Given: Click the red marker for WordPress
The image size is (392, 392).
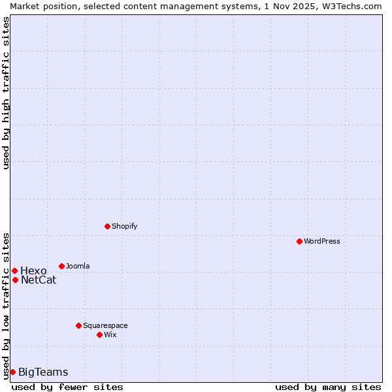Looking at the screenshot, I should pyautogui.click(x=299, y=241).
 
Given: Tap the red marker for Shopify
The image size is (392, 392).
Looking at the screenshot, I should pyautogui.click(x=107, y=226).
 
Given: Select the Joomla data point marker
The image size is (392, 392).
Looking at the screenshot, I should pyautogui.click(x=61, y=266).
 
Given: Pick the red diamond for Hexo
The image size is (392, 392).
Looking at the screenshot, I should pyautogui.click(x=14, y=270).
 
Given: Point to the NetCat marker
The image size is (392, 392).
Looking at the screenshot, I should pyautogui.click(x=15, y=280).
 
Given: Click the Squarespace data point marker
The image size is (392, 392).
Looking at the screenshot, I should pyautogui.click(x=78, y=325).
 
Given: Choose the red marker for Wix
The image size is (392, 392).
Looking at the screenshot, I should pyautogui.click(x=99, y=335).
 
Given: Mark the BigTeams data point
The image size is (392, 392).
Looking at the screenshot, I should pyautogui.click(x=12, y=372).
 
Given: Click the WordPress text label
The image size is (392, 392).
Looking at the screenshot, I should pyautogui.click(x=322, y=241).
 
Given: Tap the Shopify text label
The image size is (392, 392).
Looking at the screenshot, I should pyautogui.click(x=125, y=226).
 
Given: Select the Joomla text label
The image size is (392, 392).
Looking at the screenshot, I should pyautogui.click(x=78, y=266).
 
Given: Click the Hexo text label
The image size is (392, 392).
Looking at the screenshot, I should pyautogui.click(x=33, y=270).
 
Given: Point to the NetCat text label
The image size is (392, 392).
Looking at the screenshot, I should pyautogui.click(x=39, y=280).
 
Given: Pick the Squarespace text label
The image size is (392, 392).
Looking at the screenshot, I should pyautogui.click(x=105, y=325).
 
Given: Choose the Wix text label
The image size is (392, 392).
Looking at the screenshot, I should pyautogui.click(x=110, y=335).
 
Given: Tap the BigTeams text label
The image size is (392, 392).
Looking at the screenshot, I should pyautogui.click(x=43, y=372).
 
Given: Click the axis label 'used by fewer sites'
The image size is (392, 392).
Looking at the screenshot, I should pyautogui.click(x=67, y=387).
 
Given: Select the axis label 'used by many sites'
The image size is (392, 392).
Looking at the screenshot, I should pyautogui.click(x=327, y=387).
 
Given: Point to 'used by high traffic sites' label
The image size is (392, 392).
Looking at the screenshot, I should pyautogui.click(x=6, y=93).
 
